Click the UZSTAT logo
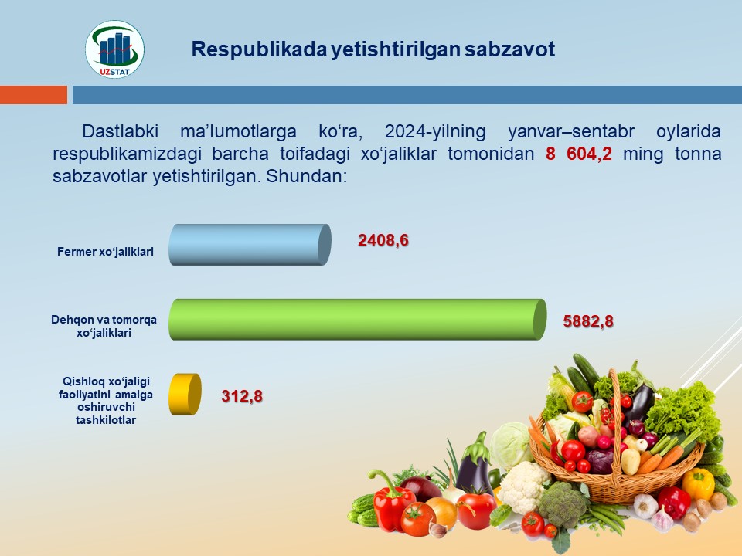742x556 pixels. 115,49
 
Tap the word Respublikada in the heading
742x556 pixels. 259,49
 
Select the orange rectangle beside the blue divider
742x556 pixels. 33,94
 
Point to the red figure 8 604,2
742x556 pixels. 579,154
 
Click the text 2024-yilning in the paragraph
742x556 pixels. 435,131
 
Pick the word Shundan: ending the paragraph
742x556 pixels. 307,176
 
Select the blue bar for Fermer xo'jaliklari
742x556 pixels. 250,245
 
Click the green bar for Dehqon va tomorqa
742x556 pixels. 358,319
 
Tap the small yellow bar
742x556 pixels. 185,395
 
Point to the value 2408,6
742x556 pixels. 383,240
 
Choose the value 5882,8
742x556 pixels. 588,321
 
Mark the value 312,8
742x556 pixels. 242,395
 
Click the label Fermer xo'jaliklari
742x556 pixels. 106,252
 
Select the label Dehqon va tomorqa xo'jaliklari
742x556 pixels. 104,326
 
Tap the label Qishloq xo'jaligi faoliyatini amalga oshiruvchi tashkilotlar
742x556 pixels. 106,401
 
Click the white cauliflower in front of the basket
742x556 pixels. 523,487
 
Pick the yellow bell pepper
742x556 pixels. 697,483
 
